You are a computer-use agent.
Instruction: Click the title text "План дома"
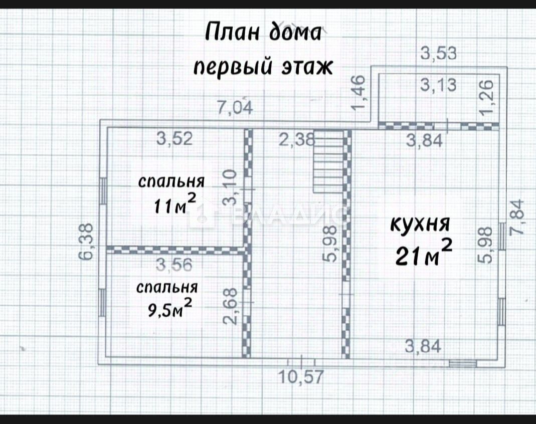(263, 34)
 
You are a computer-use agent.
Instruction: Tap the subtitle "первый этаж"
(263, 66)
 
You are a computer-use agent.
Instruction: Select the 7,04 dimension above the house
(235, 108)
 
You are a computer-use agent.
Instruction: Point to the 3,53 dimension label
(439, 53)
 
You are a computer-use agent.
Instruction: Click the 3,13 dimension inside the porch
(439, 85)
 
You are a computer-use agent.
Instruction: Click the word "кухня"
(421, 224)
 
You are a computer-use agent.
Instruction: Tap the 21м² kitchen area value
(424, 254)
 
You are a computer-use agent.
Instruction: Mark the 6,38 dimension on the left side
(87, 241)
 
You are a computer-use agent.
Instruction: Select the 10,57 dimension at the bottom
(302, 376)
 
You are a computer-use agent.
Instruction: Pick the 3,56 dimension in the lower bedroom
(174, 264)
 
